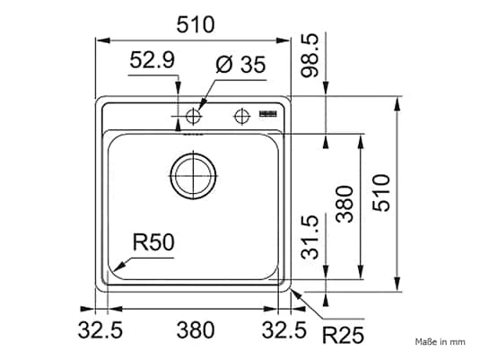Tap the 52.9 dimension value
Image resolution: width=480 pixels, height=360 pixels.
click(x=152, y=62)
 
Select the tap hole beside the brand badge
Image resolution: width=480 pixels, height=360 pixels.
click(x=240, y=115)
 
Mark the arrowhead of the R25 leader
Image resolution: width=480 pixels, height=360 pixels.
click(x=292, y=290)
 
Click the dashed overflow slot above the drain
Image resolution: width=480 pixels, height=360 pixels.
click(x=193, y=136)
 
